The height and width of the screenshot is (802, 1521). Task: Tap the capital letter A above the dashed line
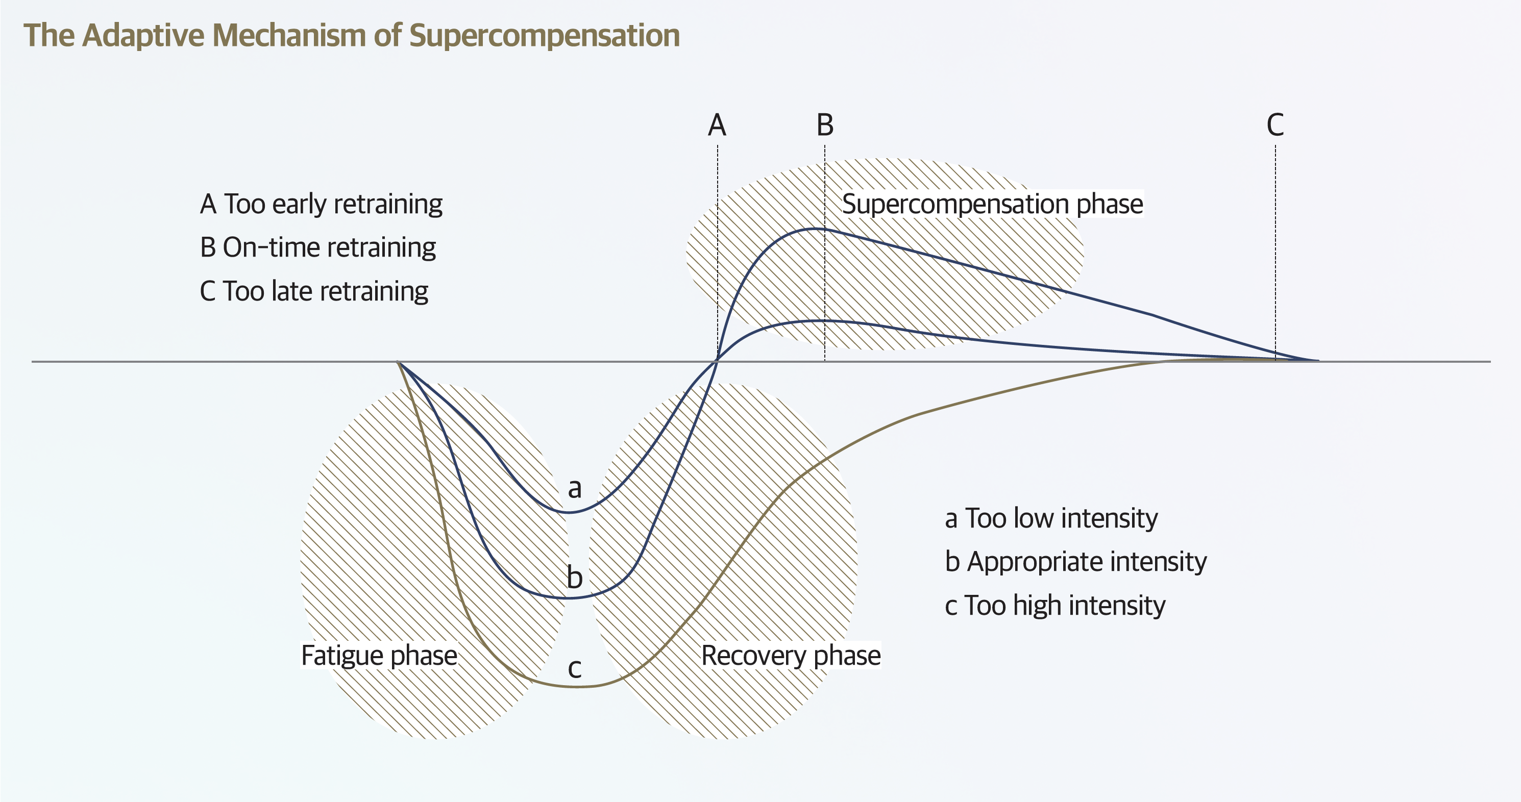(717, 125)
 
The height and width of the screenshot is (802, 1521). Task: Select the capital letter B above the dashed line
(825, 125)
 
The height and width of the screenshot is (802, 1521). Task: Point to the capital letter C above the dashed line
(1275, 125)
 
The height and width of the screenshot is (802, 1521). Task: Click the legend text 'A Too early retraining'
(321, 204)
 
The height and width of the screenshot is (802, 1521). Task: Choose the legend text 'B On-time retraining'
(317, 247)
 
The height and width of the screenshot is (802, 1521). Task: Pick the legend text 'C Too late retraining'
(314, 291)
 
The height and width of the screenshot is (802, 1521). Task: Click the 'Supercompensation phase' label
(992, 204)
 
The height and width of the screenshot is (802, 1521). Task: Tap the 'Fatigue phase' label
(379, 656)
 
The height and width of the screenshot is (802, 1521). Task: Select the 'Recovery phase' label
(791, 656)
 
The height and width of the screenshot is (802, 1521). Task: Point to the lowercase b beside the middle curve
(575, 577)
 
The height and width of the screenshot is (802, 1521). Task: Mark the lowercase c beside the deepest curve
(575, 668)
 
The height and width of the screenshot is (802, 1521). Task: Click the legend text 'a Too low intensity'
(1051, 518)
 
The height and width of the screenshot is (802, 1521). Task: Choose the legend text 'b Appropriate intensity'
(1075, 561)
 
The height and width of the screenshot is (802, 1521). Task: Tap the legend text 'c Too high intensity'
(1054, 606)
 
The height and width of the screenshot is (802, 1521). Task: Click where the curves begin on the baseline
(399, 362)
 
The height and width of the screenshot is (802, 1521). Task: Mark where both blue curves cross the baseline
(717, 361)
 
